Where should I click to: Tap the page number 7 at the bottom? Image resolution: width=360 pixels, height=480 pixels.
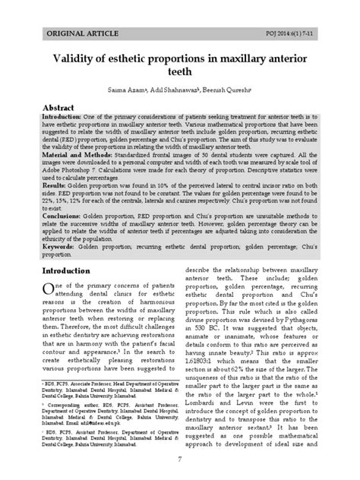tap(180, 459)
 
